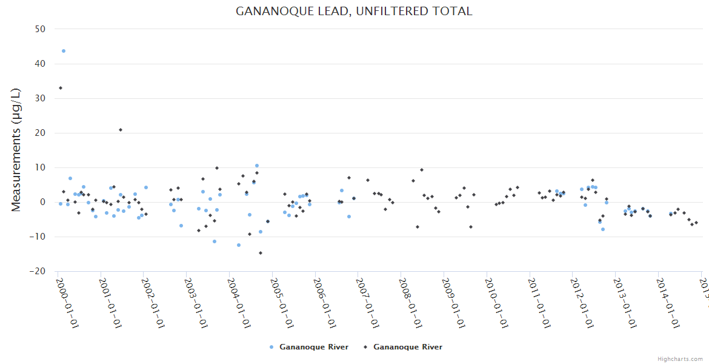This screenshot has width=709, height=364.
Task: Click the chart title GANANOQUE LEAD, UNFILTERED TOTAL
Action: [x=354, y=11]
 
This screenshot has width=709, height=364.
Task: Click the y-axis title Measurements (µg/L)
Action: [x=16, y=150]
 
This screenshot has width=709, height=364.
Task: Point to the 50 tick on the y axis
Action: [x=40, y=29]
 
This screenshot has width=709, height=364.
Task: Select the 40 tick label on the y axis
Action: [x=40, y=64]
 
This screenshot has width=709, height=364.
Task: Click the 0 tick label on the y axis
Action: [x=42, y=202]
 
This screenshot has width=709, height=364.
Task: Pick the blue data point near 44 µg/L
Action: [x=64, y=51]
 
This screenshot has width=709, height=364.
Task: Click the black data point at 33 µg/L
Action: [x=61, y=88]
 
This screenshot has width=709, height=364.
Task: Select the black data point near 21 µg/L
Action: [x=121, y=130]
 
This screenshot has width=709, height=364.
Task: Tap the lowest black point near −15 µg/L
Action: [x=261, y=253]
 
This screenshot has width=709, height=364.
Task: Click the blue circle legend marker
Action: [x=271, y=347]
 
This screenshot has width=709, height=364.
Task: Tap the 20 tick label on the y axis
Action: [x=40, y=133]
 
